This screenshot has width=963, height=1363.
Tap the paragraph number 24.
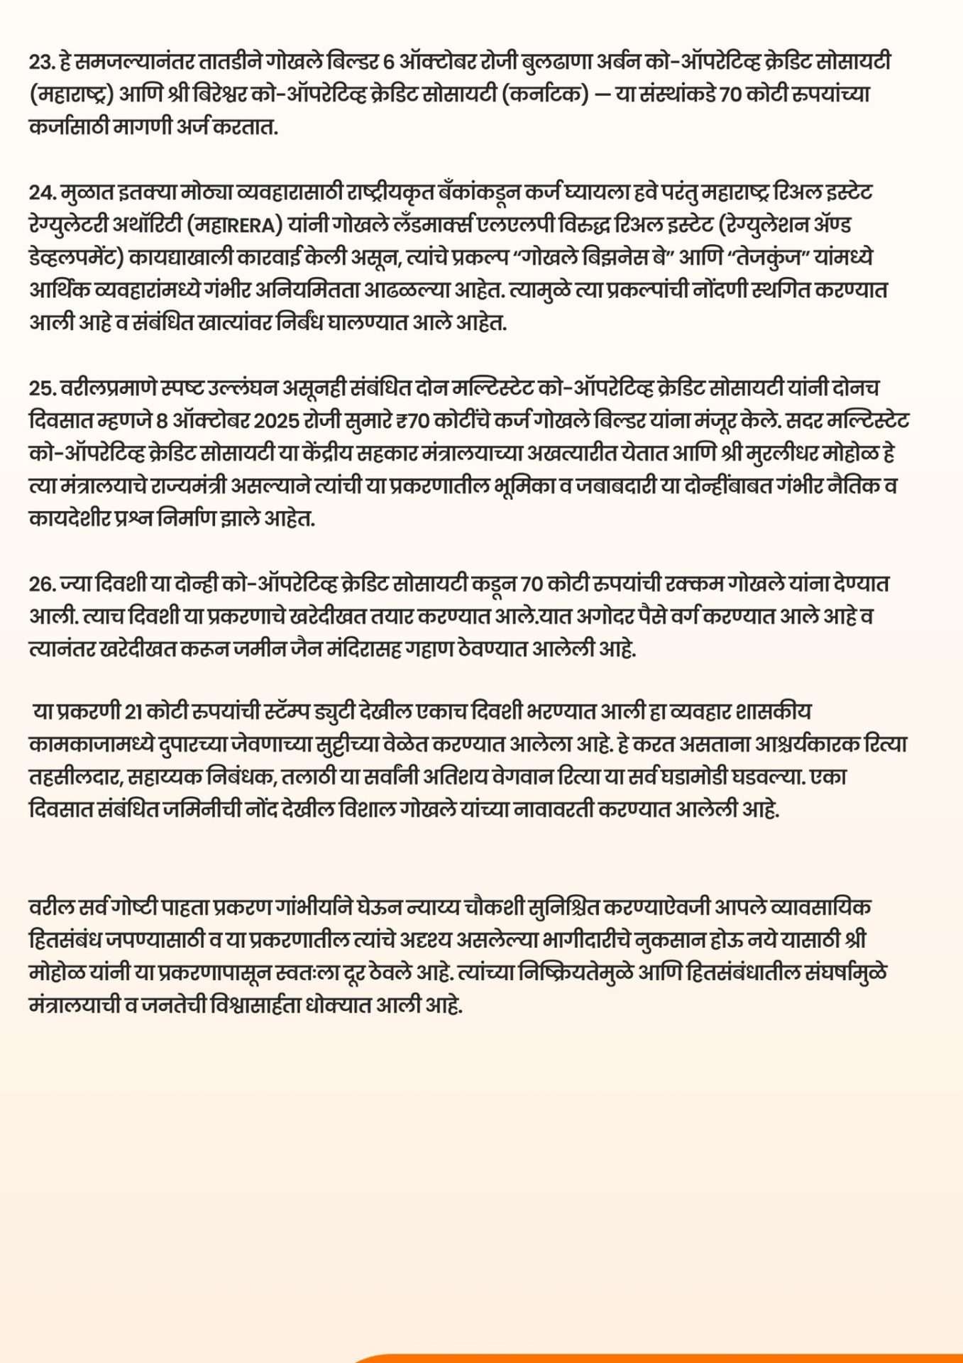point(42,192)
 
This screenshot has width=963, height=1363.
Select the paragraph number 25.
point(42,388)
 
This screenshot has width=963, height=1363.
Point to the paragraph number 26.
point(42,584)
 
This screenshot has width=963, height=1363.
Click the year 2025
point(275,421)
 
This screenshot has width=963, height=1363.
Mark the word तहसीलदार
point(76,777)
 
